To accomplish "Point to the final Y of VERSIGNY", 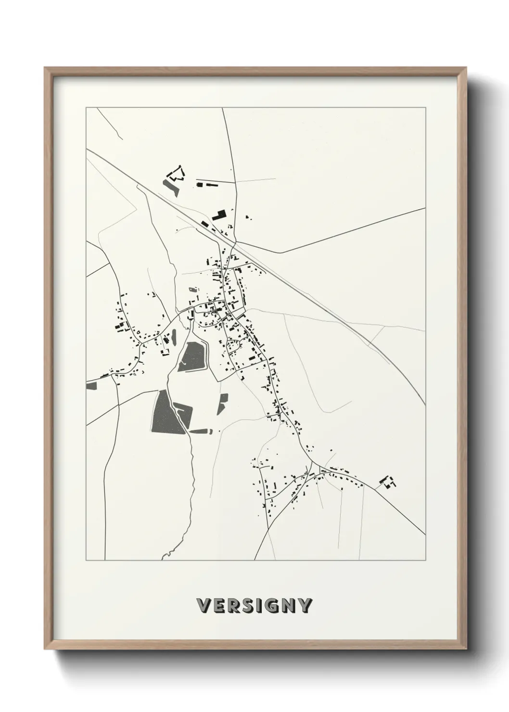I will (x=305, y=605).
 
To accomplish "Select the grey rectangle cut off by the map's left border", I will (x=91, y=385).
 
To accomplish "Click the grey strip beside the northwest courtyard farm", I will (x=171, y=187).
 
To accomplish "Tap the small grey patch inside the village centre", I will (x=193, y=290).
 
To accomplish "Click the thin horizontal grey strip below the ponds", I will (x=202, y=431).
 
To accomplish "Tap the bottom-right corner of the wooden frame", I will (x=466, y=649).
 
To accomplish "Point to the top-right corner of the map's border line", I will (x=425, y=108).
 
